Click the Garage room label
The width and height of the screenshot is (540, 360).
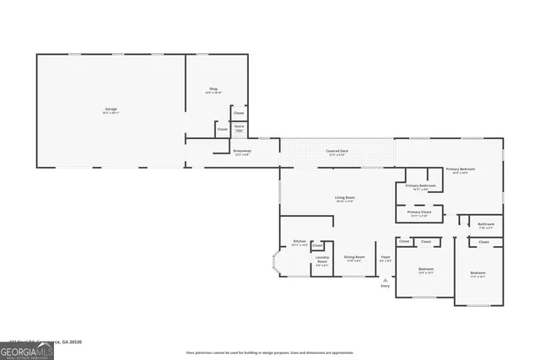click(x=111, y=110)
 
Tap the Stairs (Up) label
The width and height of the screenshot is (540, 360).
click(x=239, y=128)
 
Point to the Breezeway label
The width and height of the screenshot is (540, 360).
click(x=242, y=153)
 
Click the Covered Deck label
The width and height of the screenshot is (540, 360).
click(x=337, y=153)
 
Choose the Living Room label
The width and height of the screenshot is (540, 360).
click(x=344, y=199)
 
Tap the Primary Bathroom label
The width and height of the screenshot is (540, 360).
click(x=420, y=187)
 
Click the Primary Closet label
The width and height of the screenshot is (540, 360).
click(x=419, y=214)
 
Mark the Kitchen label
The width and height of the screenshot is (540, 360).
click(x=299, y=244)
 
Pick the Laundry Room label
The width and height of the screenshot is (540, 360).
click(x=321, y=262)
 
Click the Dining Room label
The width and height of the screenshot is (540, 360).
click(x=354, y=258)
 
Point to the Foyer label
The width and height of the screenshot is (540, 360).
click(x=385, y=258)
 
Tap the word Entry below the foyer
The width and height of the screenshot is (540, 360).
click(x=385, y=287)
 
